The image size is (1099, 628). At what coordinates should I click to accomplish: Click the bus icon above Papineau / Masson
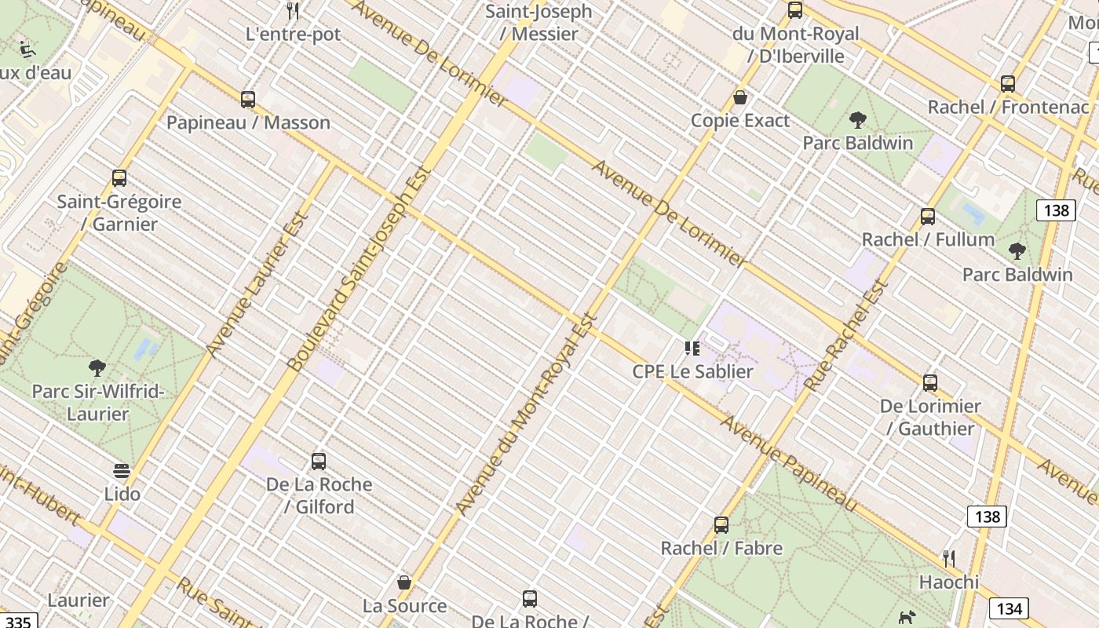[248, 100]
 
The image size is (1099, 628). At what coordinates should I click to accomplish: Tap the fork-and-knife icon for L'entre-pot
[293, 11]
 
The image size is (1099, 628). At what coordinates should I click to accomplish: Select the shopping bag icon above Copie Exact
[739, 98]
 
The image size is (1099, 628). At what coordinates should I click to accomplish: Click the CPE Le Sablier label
[692, 371]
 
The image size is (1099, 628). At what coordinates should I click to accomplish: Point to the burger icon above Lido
[122, 471]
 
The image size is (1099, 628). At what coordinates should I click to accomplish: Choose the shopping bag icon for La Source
[404, 582]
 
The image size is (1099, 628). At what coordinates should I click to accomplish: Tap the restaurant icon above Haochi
[949, 559]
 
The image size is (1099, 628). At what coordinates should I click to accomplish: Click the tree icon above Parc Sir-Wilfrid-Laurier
[97, 367]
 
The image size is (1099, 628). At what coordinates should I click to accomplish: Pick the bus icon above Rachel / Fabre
[721, 525]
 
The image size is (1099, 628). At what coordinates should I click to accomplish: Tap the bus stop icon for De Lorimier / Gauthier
[930, 383]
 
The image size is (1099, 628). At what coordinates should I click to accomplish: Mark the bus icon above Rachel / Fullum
[928, 217]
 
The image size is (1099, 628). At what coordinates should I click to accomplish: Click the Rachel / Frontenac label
[1008, 107]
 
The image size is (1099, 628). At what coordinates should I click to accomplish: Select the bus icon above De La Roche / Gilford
[319, 462]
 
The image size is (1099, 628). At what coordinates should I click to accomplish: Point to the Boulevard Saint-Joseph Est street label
[360, 268]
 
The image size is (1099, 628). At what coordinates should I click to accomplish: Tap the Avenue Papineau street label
[789, 463]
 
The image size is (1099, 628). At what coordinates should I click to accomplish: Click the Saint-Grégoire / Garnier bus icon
[119, 178]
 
